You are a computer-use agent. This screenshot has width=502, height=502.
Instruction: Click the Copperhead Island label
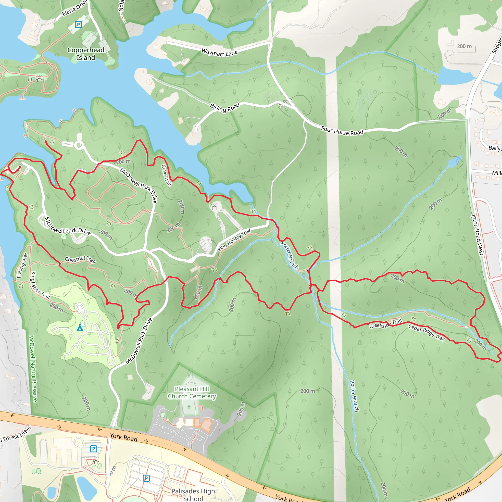(x=86, y=54)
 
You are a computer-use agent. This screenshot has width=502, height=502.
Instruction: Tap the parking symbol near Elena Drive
(x=78, y=25)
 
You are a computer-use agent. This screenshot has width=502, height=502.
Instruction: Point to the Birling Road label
(x=225, y=107)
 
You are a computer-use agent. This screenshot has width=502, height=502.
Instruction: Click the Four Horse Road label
(x=342, y=131)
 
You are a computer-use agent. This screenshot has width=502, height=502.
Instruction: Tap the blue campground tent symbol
(x=80, y=328)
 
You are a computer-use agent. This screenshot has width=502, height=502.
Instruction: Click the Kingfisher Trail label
(x=40, y=285)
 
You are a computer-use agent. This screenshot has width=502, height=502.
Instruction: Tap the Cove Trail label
(x=166, y=176)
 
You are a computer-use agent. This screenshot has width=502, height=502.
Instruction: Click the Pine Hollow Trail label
(x=234, y=239)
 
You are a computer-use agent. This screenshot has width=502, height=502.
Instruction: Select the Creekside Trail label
(x=386, y=324)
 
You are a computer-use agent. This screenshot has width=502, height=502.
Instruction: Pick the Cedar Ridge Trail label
(x=427, y=332)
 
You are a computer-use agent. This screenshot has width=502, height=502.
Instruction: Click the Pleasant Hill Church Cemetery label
(x=192, y=392)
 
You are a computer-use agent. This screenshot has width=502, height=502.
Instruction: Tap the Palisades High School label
(x=193, y=495)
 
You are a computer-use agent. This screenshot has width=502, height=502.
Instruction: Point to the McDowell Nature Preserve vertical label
(x=33, y=368)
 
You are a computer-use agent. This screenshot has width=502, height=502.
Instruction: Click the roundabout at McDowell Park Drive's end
(x=79, y=145)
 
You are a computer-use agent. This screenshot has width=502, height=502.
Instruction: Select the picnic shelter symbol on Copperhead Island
(x=39, y=79)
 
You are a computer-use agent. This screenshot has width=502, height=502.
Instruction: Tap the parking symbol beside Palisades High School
(x=146, y=478)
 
